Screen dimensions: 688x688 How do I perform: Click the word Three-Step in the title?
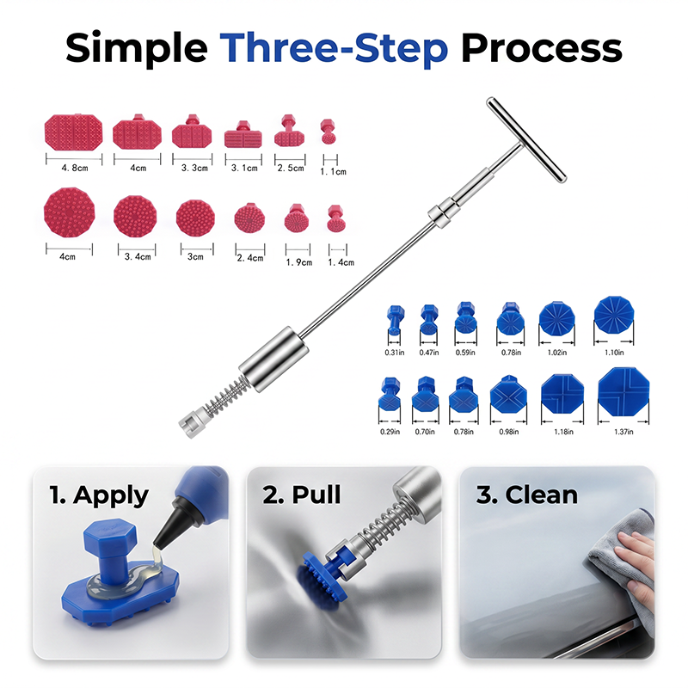pos(334,48)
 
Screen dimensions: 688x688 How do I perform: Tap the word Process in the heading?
pos(542,48)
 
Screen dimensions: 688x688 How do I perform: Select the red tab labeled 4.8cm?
pos(74,132)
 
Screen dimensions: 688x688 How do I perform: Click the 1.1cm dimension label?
pos(333,172)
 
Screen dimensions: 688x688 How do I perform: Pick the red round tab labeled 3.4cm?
pos(135,216)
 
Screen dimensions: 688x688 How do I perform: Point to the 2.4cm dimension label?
pos(250,258)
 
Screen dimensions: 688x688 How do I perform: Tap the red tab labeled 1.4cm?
pos(336,218)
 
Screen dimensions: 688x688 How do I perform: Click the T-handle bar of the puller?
pos(526,139)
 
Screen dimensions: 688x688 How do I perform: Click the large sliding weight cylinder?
pos(273,359)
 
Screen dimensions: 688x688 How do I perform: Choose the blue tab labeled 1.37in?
pos(623,392)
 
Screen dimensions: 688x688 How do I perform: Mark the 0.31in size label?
pos(395,353)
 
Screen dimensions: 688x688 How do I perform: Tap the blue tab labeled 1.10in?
pos(614,315)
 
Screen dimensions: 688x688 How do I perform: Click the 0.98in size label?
pos(509,432)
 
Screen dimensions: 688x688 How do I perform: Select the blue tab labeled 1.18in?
pos(562,394)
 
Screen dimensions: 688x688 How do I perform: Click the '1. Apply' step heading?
pos(99,496)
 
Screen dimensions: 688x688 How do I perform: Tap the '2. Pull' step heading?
pos(302,495)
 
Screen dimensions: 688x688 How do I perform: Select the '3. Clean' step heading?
pos(527,495)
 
